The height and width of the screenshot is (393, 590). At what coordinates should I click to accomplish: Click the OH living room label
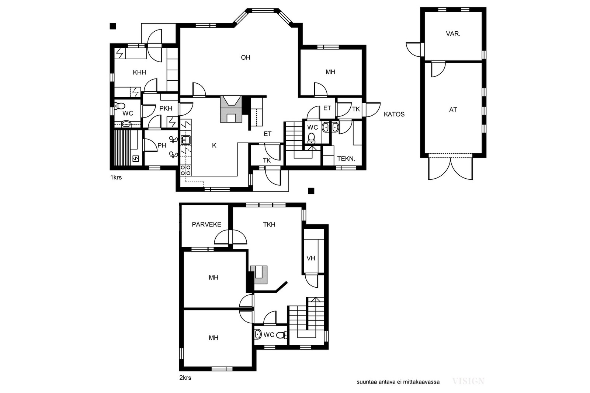(246, 57)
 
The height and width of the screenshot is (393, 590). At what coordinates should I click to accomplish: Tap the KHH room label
(139, 72)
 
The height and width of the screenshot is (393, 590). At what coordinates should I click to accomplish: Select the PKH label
(166, 108)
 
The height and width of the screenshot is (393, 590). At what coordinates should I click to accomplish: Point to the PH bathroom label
(162, 145)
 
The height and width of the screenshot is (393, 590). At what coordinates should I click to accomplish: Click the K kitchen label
(214, 145)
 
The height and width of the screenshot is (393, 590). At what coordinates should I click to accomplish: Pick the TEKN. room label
(346, 159)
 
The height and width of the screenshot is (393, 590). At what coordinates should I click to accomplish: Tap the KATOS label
(394, 114)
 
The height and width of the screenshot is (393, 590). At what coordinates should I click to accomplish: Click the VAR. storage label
(453, 34)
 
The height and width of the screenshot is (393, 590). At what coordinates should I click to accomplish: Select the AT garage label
(453, 110)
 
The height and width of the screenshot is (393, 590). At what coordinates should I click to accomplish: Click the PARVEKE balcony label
(206, 224)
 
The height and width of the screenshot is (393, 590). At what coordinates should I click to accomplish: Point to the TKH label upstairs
(269, 224)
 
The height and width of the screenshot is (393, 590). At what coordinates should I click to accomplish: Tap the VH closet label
(311, 258)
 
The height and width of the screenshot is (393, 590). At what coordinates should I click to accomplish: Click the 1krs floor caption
(116, 177)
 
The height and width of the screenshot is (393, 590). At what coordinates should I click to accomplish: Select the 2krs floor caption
(185, 378)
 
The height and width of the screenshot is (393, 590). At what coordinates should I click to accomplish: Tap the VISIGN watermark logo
(468, 381)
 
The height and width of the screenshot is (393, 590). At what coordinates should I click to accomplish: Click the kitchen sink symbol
(186, 140)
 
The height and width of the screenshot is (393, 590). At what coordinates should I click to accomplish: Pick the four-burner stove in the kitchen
(186, 171)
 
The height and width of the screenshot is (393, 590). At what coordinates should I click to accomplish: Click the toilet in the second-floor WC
(282, 335)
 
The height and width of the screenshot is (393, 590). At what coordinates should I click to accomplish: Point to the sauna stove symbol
(135, 158)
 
